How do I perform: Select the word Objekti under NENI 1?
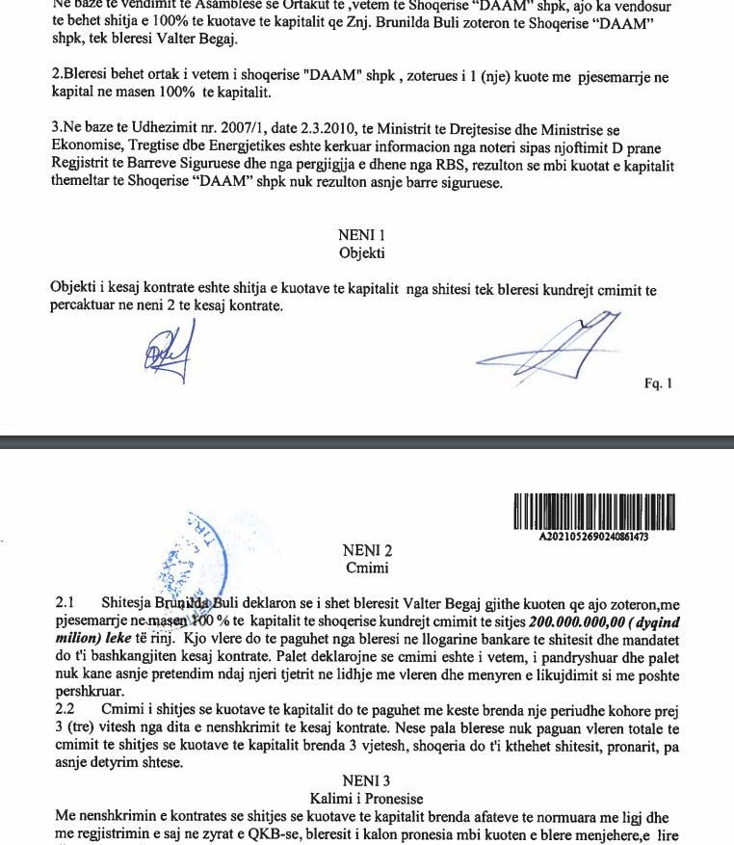click(361, 253)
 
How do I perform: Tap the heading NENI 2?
click(367, 551)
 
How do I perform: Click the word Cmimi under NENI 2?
click(366, 568)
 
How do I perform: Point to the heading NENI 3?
click(366, 779)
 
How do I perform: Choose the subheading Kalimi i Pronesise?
click(366, 798)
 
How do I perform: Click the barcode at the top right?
click(593, 512)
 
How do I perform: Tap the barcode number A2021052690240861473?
click(593, 537)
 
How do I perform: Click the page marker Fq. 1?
click(658, 383)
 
